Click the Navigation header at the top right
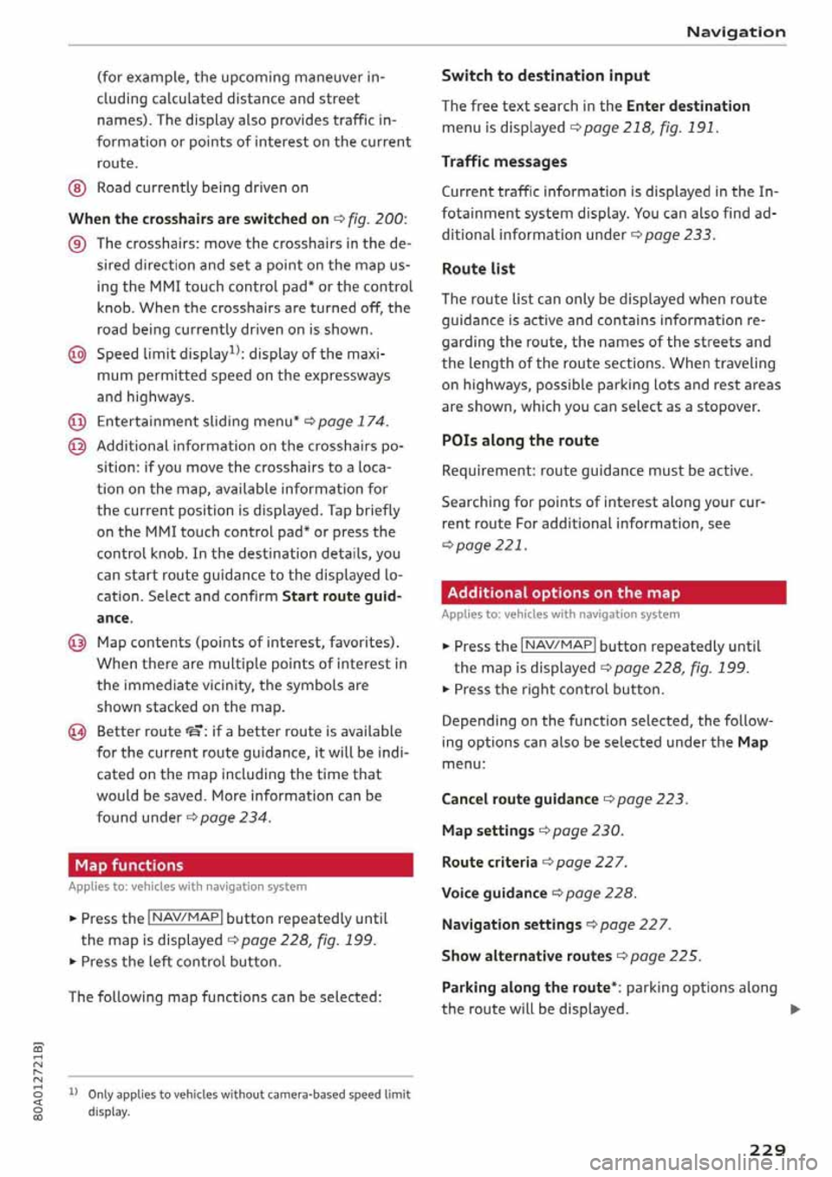pos(735,32)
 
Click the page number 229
pos(767,1149)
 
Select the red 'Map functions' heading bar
pos(240,865)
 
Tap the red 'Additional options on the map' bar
pos(613,593)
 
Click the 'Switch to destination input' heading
pos(545,75)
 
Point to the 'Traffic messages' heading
pos(504,161)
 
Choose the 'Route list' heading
pos(478,269)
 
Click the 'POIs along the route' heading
pos(519,440)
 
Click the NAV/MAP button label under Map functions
pos(185,918)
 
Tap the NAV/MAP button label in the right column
pos(558,646)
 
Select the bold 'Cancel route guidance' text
pos(519,799)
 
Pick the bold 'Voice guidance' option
pos(494,893)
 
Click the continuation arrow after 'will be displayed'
pos(795,1010)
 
